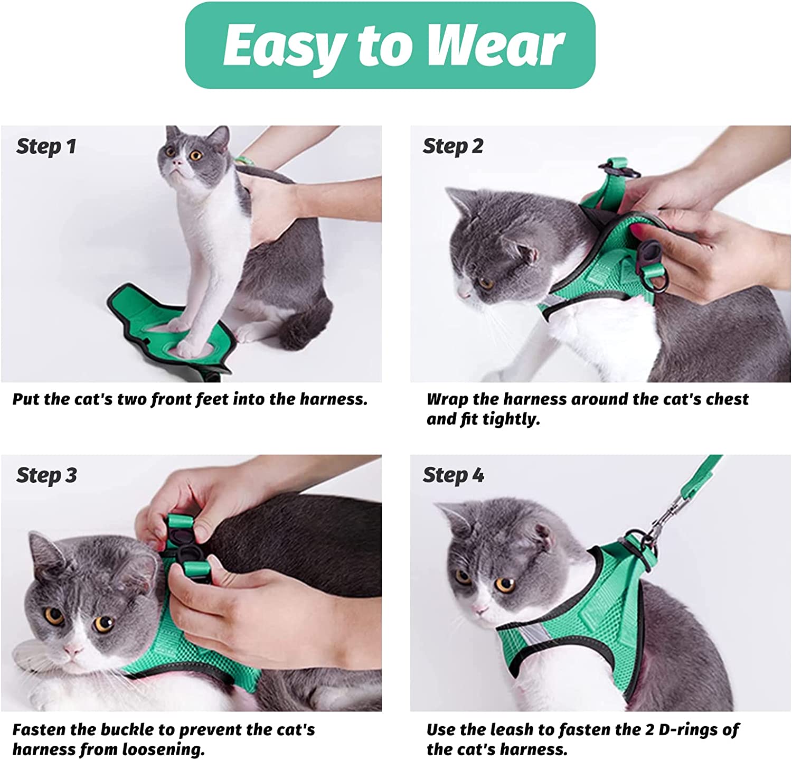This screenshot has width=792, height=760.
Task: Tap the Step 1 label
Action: click(46, 147)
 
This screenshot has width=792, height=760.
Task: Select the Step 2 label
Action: click(453, 147)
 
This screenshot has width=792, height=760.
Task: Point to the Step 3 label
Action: click(46, 476)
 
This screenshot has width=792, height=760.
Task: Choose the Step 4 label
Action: click(454, 476)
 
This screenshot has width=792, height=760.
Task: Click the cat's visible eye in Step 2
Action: click(485, 284)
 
